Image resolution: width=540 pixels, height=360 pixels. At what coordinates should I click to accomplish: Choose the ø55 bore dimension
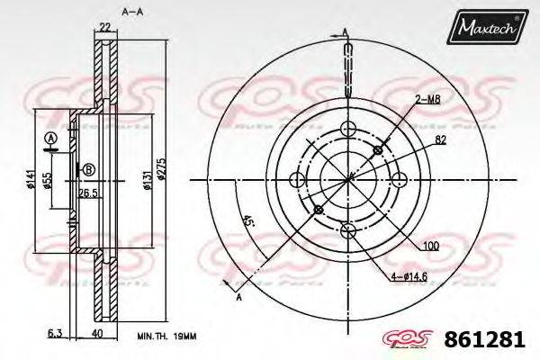point(60,181)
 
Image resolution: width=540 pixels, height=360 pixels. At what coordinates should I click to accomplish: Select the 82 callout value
point(441,140)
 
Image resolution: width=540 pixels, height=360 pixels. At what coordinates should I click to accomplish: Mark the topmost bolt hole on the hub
point(347,129)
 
